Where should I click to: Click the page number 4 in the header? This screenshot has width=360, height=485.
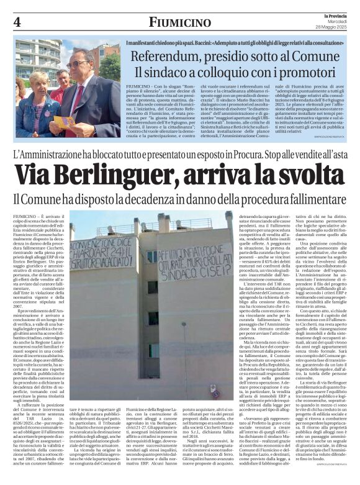click(17, 22)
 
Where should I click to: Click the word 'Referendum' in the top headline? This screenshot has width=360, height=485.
click(163, 56)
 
